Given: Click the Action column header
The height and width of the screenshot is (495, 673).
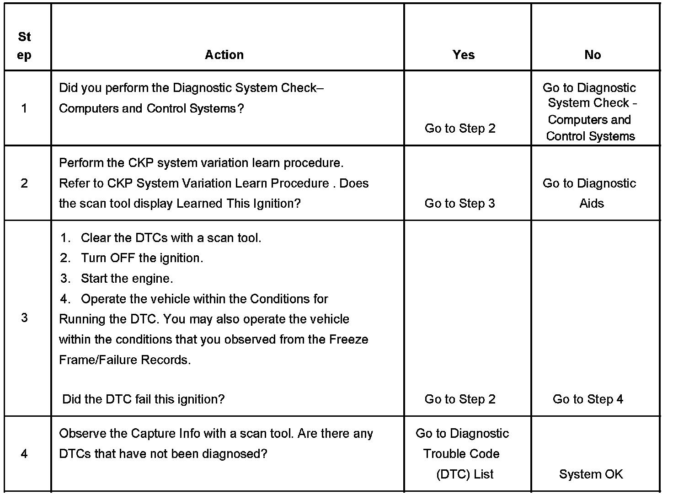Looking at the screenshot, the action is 224,55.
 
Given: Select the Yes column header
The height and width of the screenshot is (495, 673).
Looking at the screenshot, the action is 463,55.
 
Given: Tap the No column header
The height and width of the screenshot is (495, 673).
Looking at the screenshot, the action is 592,55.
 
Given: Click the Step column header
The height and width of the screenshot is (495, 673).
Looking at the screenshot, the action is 24,46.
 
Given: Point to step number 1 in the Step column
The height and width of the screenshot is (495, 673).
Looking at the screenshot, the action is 24,108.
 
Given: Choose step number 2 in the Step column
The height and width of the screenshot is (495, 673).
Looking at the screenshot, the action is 24,183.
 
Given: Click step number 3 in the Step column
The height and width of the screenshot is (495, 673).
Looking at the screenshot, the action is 24,317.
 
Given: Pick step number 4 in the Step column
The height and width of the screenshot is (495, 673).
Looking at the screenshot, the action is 24,454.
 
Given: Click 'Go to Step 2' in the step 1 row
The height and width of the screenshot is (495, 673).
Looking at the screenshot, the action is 459,129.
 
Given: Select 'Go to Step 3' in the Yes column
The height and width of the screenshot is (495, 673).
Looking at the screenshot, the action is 459,204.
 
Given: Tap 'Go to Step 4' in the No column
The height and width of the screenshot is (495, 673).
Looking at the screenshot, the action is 588,399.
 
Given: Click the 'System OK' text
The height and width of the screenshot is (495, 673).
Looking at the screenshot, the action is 591,474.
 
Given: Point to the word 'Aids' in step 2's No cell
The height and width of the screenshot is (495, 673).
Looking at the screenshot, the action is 591,204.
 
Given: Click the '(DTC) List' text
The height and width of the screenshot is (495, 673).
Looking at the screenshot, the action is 465,474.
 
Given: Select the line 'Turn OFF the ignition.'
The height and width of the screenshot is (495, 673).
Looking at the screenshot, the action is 142,258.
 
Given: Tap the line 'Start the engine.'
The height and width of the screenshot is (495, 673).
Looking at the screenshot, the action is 127,279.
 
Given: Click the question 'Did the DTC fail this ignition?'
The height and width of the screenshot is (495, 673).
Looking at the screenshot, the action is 143,399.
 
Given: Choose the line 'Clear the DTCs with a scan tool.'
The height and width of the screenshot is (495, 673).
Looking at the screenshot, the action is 171,238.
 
